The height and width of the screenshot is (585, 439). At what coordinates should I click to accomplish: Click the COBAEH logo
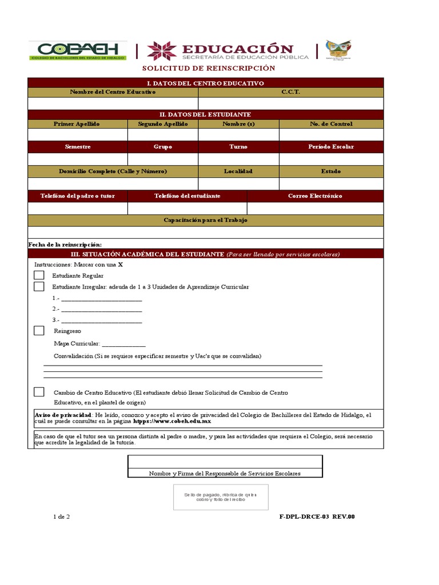coord(78,50)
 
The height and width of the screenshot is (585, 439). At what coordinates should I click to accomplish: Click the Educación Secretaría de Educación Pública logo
coord(228,51)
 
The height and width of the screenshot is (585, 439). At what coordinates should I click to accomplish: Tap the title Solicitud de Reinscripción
coord(209,69)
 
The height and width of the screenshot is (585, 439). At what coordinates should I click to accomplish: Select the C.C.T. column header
coord(290,92)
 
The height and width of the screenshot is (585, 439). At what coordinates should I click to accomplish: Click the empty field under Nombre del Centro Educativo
coord(113,103)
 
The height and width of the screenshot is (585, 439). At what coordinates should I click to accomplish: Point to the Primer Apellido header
coord(77,124)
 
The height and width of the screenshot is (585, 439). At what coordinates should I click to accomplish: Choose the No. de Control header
coord(331,124)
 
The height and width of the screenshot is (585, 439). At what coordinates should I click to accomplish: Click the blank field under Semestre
coord(77,159)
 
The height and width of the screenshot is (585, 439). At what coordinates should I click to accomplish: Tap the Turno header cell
coord(238,147)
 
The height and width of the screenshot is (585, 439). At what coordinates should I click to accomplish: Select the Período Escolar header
coord(331,147)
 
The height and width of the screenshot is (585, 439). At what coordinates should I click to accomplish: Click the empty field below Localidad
coord(238,184)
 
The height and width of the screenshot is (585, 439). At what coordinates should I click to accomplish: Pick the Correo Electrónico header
coord(315,196)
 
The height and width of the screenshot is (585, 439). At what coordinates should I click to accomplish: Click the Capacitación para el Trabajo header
coord(205,221)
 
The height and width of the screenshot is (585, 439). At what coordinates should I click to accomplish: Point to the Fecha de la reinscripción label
coord(65,245)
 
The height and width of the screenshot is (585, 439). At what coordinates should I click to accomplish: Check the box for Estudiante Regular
coord(39,275)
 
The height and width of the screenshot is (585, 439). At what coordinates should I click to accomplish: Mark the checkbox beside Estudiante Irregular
coord(39,287)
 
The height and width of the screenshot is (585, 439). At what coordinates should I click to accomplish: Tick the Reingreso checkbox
coord(39,331)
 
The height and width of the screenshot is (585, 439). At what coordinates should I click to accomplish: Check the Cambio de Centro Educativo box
coord(39,392)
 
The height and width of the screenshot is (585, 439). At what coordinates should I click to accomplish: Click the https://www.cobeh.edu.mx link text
coord(172,421)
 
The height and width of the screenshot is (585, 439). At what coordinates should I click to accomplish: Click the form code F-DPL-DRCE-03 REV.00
coord(317,517)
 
